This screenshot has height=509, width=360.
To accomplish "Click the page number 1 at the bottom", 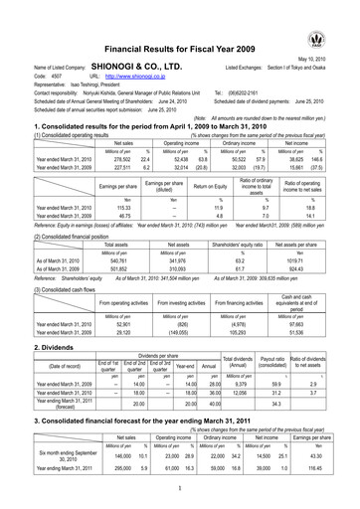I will click(181, 489).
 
